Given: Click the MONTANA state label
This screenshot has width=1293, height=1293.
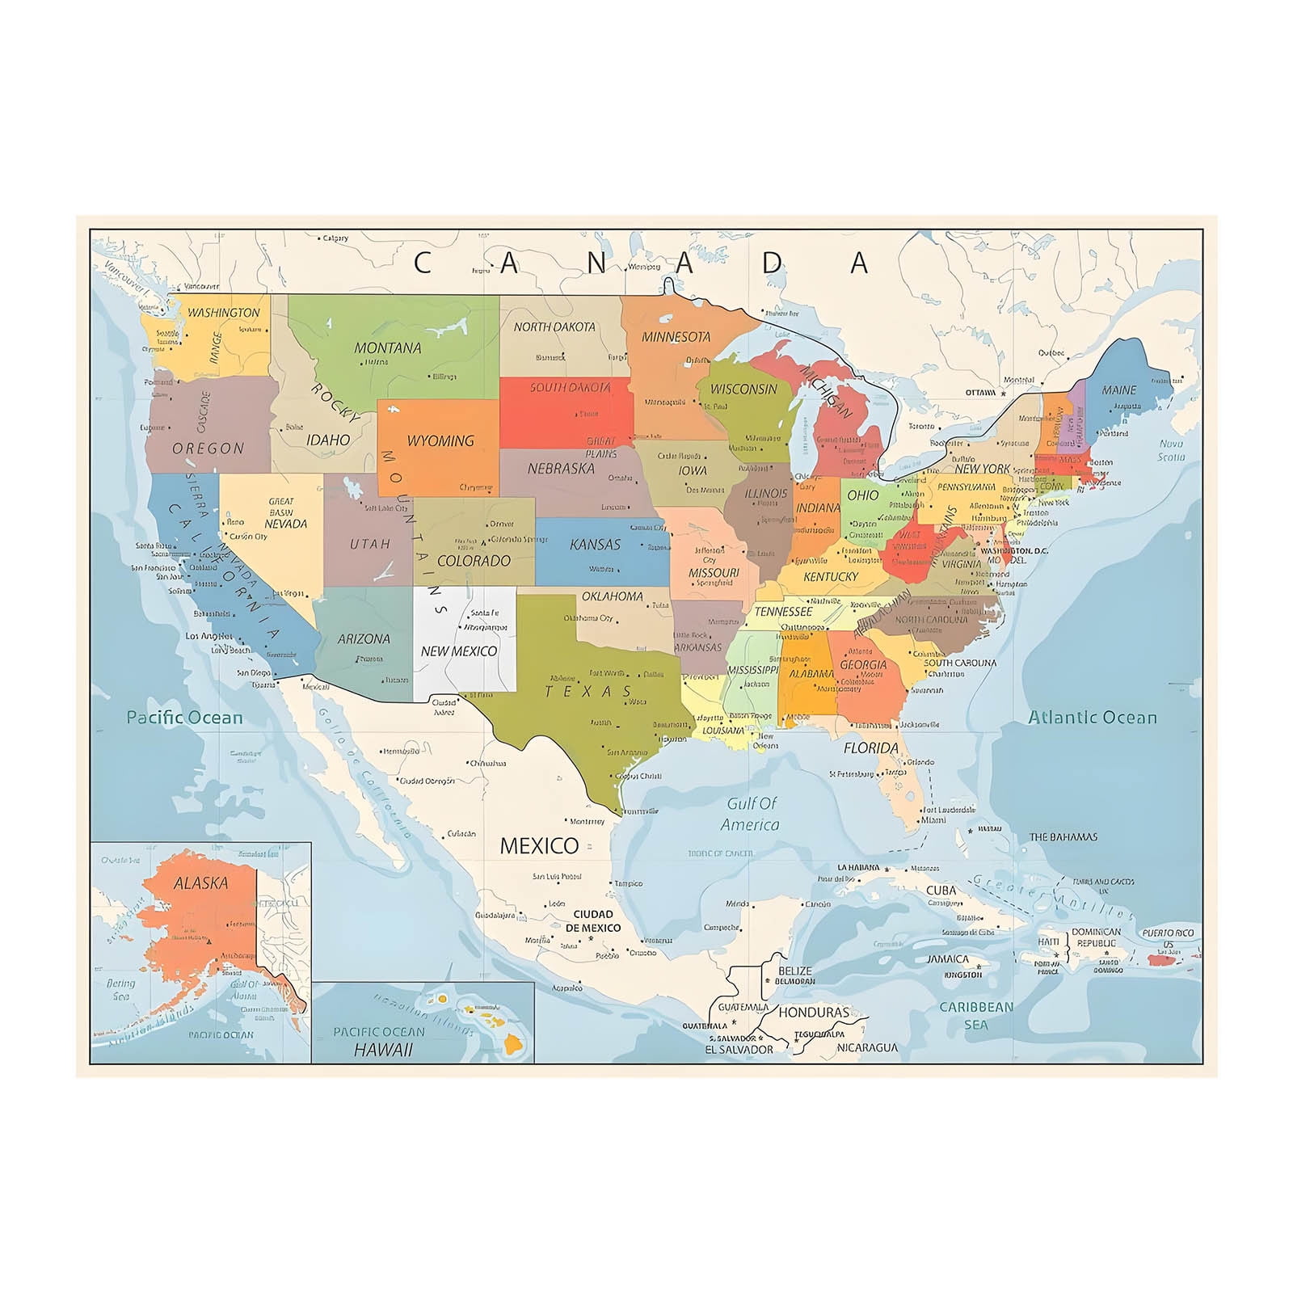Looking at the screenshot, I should pos(388,348).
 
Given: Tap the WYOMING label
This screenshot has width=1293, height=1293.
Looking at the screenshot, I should pos(440,441).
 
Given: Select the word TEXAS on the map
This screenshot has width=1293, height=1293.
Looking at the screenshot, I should pos(588,692).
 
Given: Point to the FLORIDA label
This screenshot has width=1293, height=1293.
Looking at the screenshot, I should pos(871,748).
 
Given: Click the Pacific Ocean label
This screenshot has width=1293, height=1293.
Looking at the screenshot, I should pos(184,718).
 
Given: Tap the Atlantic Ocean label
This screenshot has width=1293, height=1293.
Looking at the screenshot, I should pos(1092,718).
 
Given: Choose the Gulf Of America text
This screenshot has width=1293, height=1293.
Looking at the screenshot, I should pos(751,814).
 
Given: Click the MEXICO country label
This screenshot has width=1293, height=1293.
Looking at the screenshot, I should pos(539,846).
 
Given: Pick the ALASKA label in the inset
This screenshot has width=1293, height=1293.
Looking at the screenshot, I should pos(201,883).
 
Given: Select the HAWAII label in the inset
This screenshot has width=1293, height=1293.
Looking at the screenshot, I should pos(383,1050).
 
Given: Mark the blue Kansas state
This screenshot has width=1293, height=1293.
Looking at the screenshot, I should pos(602,558).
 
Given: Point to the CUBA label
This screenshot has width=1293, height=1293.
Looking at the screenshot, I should pos(941,891).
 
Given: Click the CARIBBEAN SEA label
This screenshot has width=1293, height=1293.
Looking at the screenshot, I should pos(975,1016).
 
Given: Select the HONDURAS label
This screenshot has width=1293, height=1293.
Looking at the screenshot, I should pos(814,1013).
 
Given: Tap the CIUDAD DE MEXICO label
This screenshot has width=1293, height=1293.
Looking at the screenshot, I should pos(593,921).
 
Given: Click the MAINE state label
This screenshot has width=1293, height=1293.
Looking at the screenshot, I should pos(1118,390).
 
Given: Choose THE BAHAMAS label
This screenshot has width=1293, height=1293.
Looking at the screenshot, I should pos(1063,837).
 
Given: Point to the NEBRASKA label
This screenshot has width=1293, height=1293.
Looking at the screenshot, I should pos(561,469).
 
